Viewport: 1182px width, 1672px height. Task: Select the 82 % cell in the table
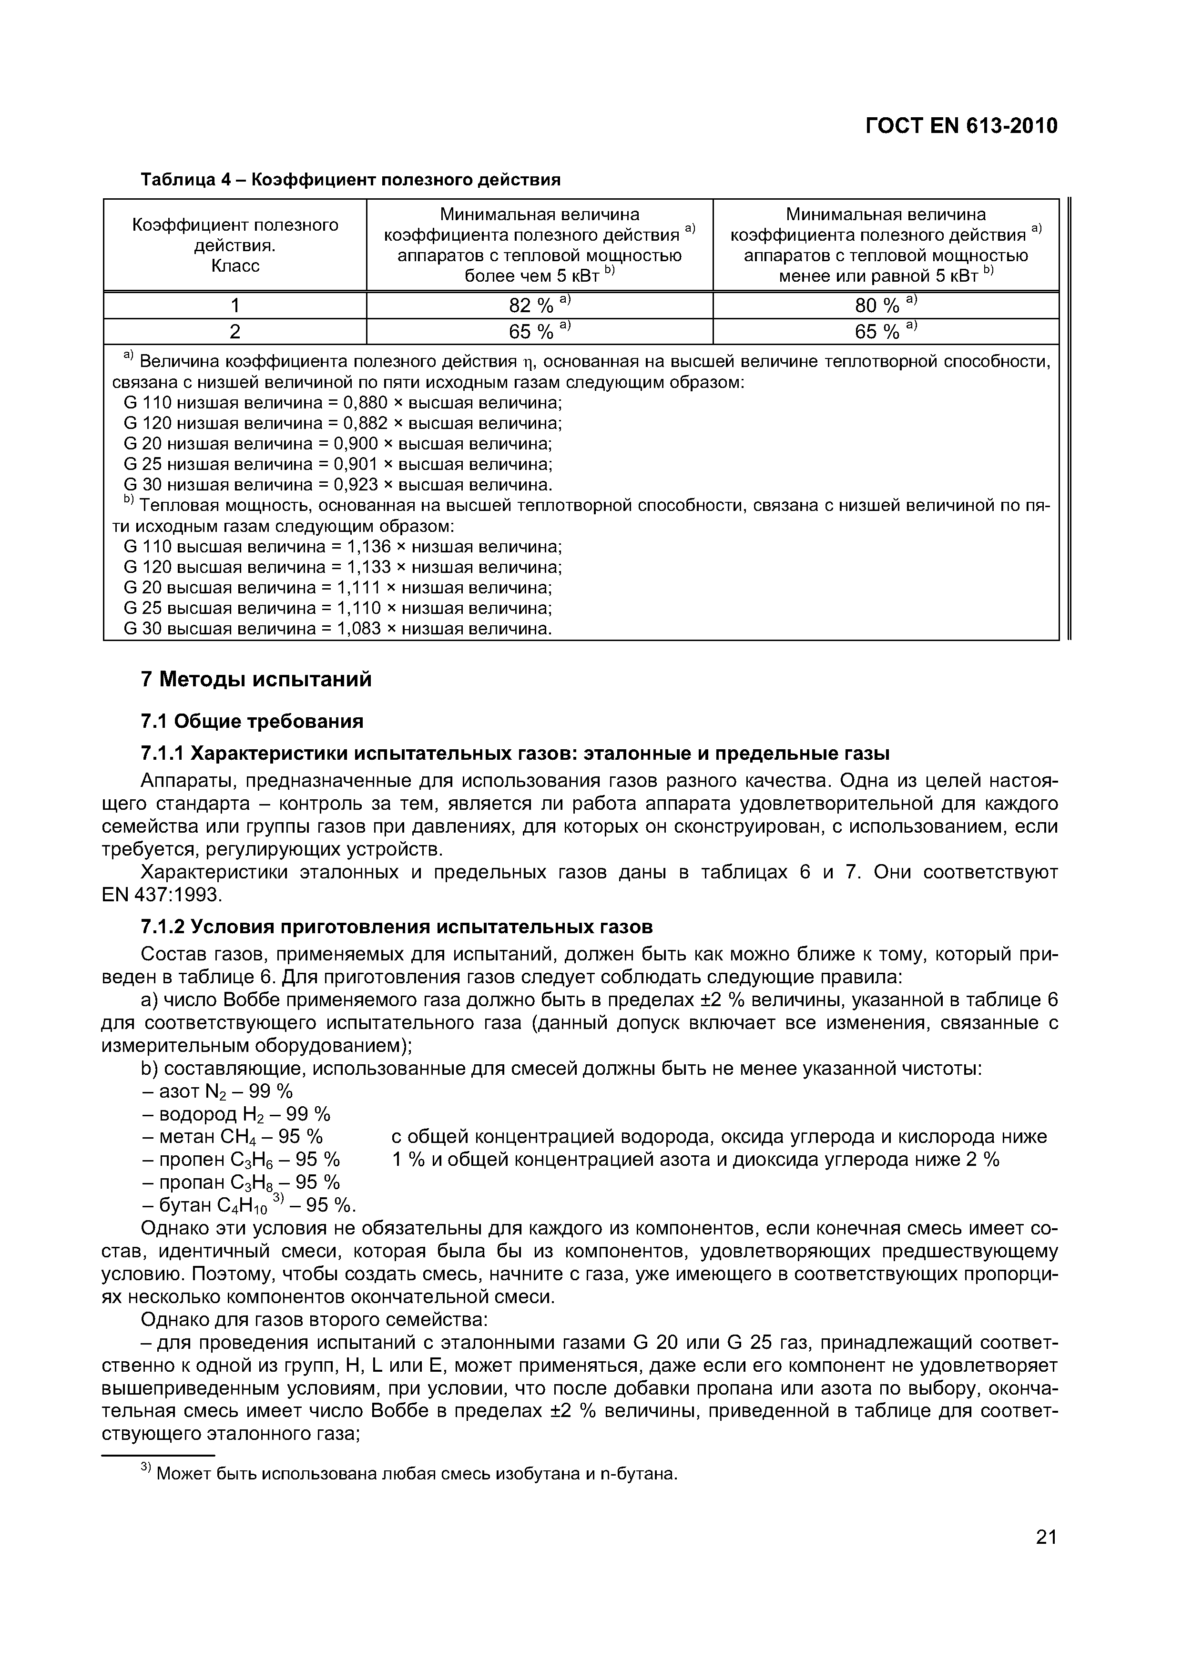point(539,305)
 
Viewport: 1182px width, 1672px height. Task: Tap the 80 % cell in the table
point(885,305)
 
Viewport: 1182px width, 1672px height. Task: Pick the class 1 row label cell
point(234,305)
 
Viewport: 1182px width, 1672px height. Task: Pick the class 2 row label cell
point(234,332)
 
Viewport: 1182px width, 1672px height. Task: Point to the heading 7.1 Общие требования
point(251,721)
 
